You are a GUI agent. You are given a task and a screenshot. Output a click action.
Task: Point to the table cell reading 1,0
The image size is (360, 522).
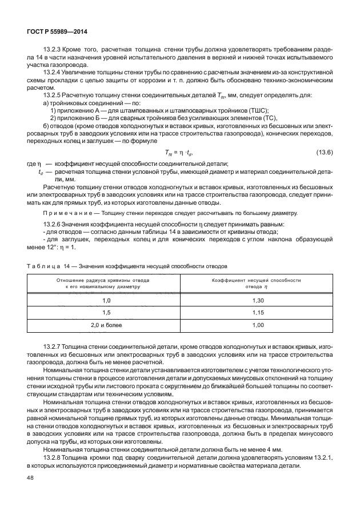(106, 300)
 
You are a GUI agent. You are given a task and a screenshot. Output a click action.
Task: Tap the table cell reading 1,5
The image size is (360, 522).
(106, 313)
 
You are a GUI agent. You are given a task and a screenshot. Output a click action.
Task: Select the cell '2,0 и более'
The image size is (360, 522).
(106, 325)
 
